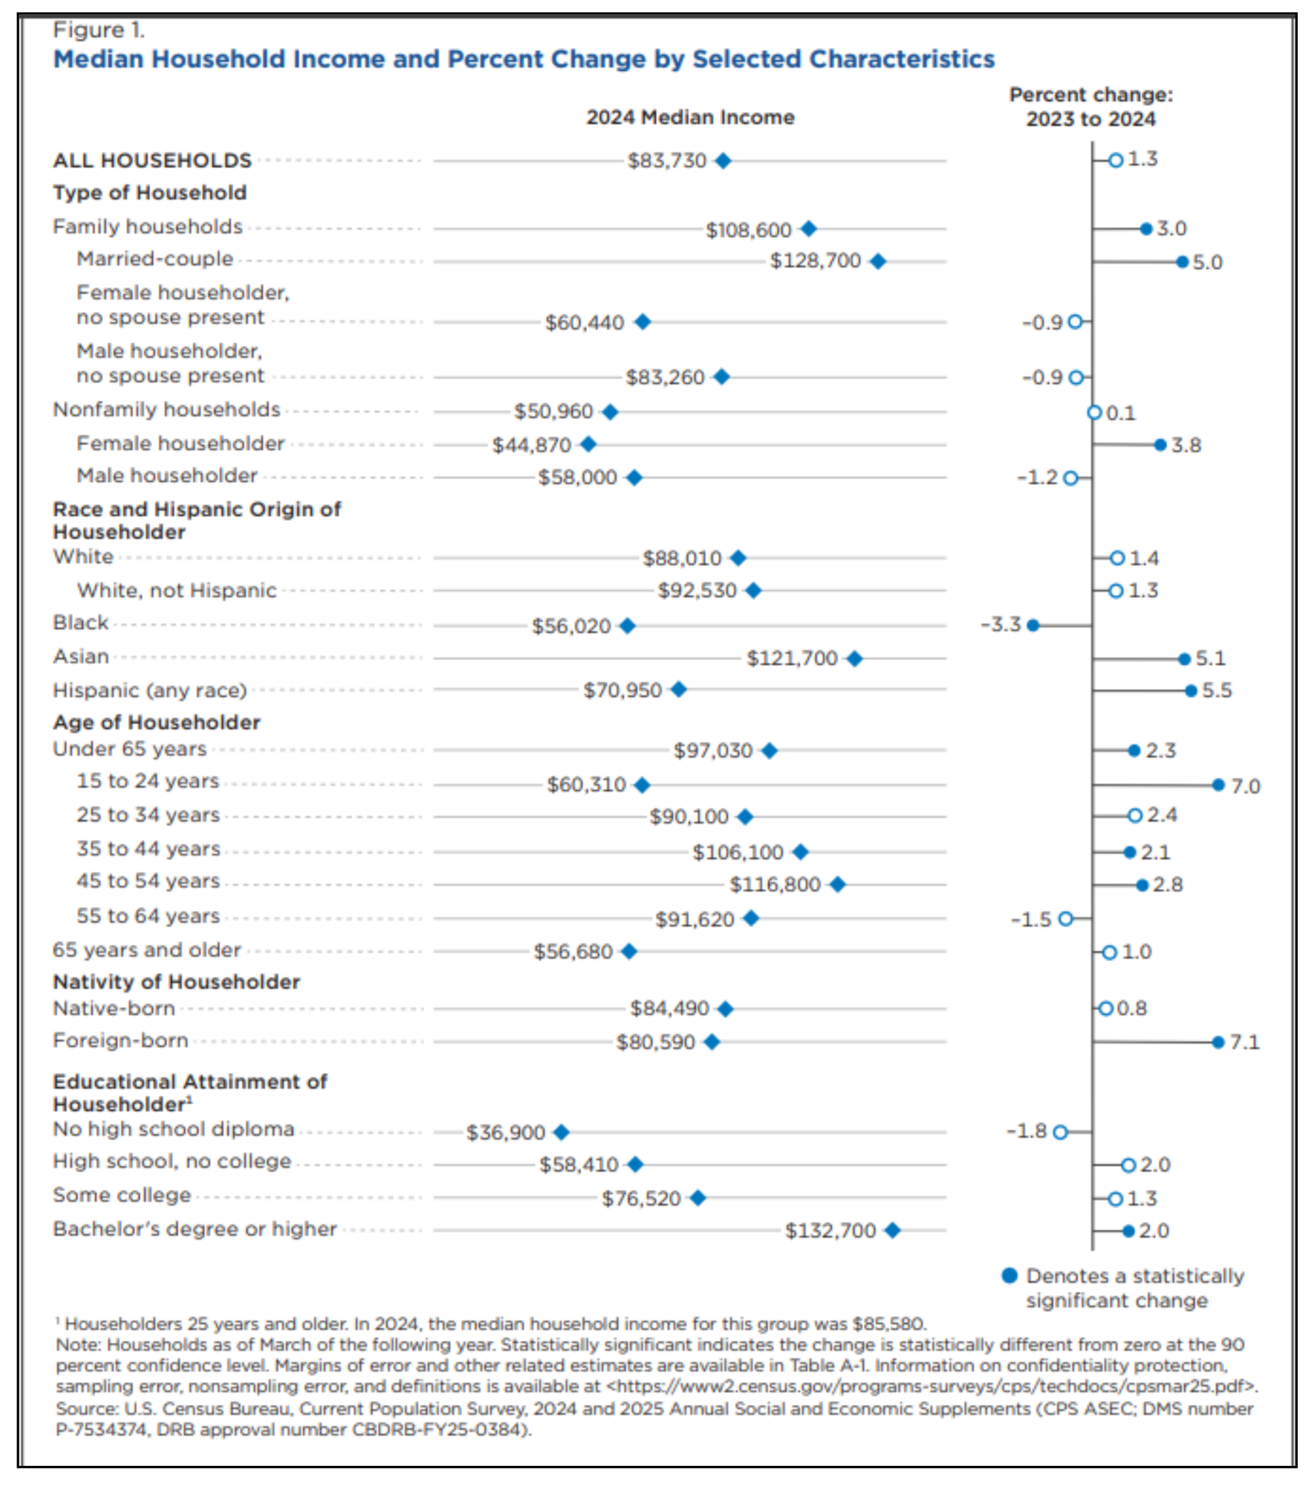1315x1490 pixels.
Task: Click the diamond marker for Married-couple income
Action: [877, 261]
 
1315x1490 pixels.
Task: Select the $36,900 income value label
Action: [505, 1132]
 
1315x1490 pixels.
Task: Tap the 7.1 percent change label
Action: [1244, 1042]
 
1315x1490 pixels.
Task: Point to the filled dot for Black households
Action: [1033, 625]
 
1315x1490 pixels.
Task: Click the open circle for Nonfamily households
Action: [1094, 413]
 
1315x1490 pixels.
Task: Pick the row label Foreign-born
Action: [120, 1040]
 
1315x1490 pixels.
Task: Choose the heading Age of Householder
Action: [156, 723]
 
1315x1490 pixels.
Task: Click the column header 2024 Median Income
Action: [690, 117]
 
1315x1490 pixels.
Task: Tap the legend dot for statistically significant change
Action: [1010, 1275]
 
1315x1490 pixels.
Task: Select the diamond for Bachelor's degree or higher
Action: [892, 1231]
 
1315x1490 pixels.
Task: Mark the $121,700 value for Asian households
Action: [792, 658]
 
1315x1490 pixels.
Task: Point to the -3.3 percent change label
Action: [1000, 625]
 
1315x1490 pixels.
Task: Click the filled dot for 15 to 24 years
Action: [1218, 785]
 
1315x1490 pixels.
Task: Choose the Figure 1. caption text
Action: [99, 30]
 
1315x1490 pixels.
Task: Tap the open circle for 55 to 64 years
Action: [1065, 918]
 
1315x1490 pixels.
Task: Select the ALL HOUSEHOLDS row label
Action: [152, 160]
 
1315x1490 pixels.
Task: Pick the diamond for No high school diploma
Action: [561, 1132]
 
